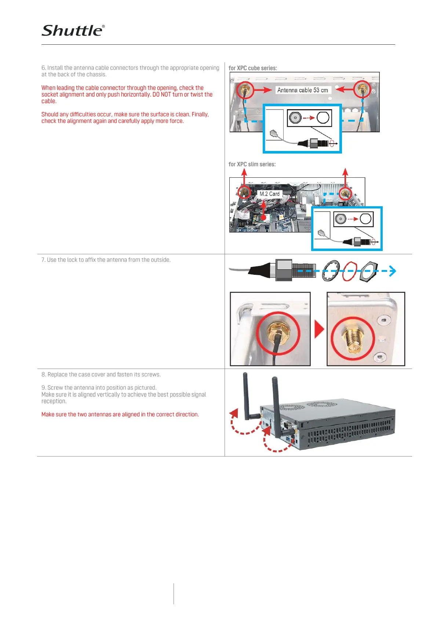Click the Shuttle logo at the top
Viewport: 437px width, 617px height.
tap(73, 31)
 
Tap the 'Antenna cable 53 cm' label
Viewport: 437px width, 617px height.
tap(302, 90)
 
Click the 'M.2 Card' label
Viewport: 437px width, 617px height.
tap(269, 194)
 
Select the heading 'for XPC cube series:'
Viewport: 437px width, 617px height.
tap(252, 68)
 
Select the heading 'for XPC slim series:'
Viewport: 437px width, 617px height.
tap(252, 164)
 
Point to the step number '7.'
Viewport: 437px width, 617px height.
tap(43, 260)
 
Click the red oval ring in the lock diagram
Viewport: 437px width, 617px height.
tap(349, 271)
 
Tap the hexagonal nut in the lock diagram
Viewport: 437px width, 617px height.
tap(368, 271)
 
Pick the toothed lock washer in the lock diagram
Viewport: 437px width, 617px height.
tap(331, 271)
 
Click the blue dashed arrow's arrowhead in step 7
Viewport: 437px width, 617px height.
tap(393, 271)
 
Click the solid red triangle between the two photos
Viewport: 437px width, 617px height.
tap(319, 329)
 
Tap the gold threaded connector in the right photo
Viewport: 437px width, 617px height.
tap(353, 340)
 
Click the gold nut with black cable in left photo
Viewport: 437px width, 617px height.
tap(278, 332)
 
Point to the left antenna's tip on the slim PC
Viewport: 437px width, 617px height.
tap(245, 374)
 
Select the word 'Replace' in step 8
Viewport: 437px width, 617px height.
tap(58, 374)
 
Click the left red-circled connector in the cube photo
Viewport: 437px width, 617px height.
tap(245, 89)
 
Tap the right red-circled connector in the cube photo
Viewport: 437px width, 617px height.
tap(363, 89)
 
